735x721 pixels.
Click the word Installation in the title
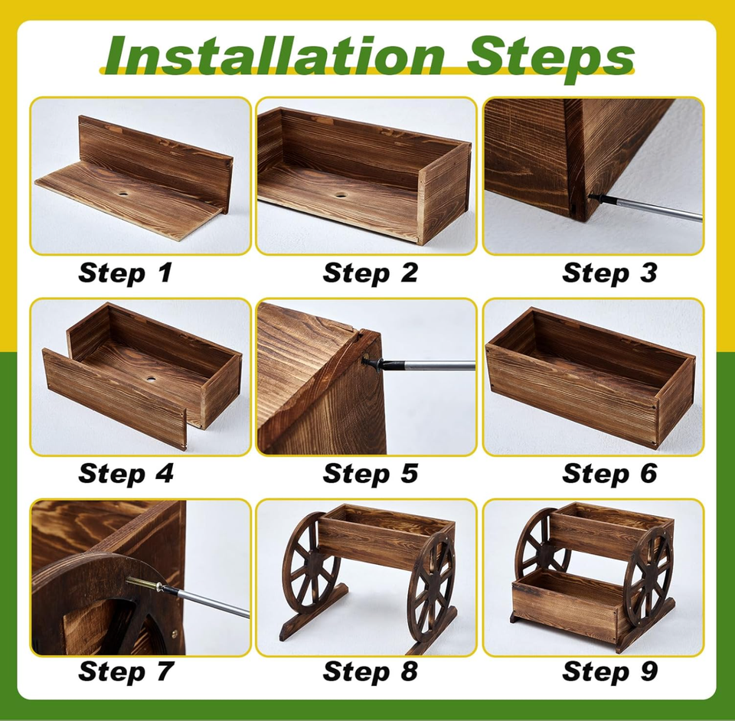point(274,56)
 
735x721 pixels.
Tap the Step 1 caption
point(125,273)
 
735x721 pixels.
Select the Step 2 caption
point(370,273)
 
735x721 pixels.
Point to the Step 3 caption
point(609,273)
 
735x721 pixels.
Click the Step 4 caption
point(126,473)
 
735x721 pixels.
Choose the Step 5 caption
point(370,473)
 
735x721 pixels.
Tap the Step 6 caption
point(609,473)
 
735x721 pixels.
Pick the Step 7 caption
point(125,671)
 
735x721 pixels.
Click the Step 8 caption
point(370,671)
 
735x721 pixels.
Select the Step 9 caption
point(609,671)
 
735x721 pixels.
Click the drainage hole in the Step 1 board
point(126,193)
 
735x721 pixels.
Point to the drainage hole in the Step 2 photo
point(341,194)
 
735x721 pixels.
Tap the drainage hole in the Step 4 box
point(152,377)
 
